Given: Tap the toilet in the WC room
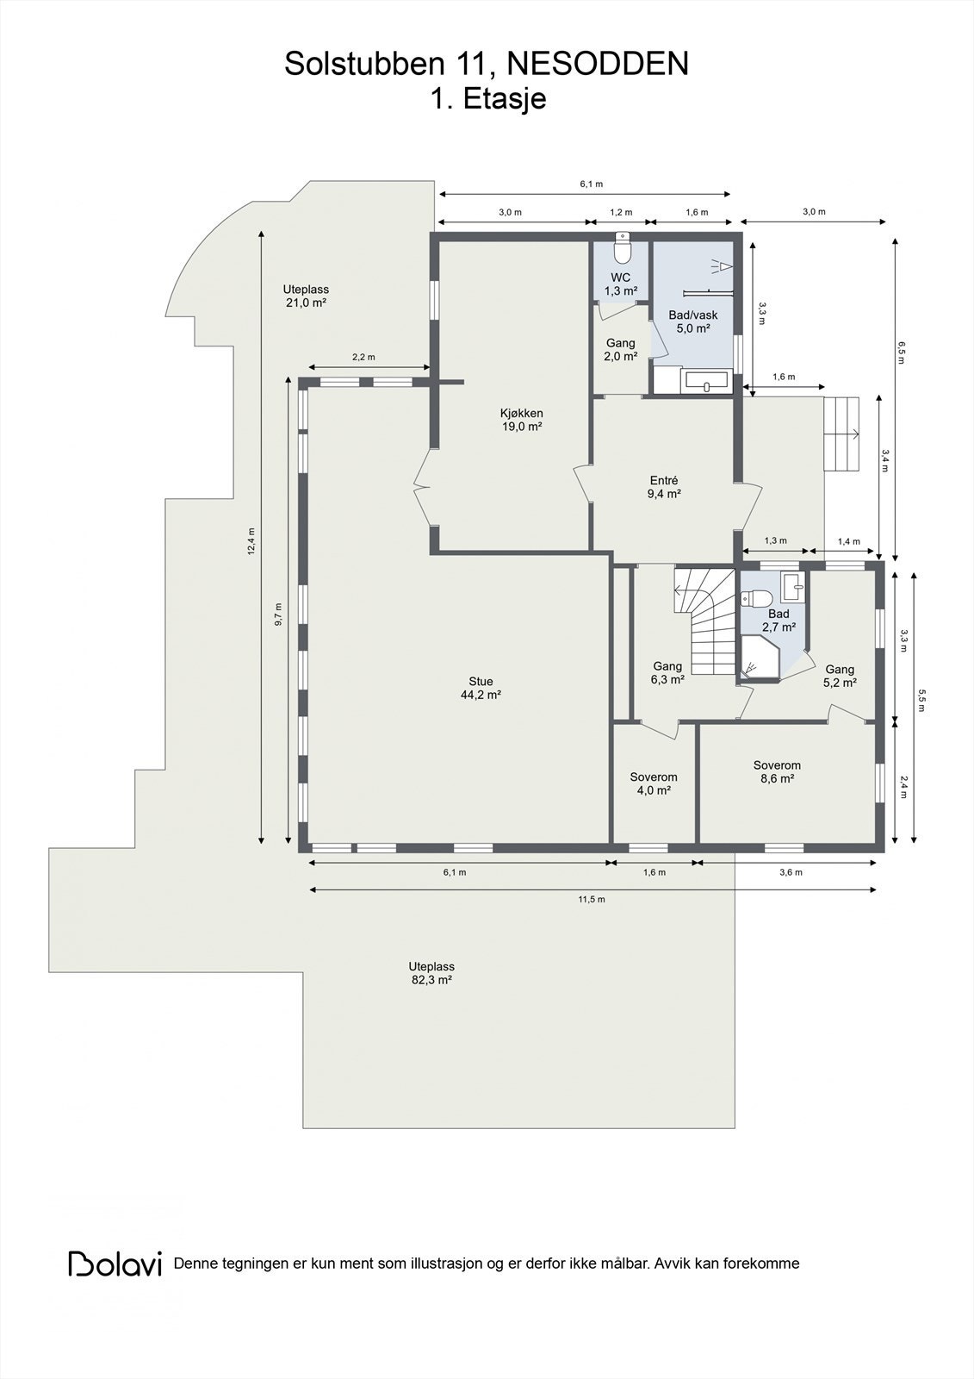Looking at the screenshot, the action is click(x=623, y=248).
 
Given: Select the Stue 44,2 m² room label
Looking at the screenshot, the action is click(x=481, y=689).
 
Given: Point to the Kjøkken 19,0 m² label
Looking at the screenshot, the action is click(x=522, y=420).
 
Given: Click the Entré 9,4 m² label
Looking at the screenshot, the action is click(x=664, y=487).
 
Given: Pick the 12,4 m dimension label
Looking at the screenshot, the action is click(x=251, y=542).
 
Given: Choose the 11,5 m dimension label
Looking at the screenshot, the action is click(x=592, y=900).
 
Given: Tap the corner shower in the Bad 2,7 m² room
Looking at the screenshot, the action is click(x=760, y=658).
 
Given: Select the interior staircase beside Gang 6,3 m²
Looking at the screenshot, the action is click(x=705, y=621).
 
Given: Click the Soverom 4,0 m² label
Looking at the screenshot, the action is click(x=654, y=783).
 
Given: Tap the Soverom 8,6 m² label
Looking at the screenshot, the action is click(x=777, y=771).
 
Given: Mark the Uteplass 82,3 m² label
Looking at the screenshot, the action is click(x=431, y=973).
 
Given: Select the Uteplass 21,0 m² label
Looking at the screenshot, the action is click(x=306, y=296).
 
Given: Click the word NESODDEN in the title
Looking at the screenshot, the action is click(x=597, y=64).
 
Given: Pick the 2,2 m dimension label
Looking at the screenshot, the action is click(x=363, y=357).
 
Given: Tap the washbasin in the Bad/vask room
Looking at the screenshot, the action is click(x=706, y=381).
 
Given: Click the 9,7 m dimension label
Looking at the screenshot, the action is click(x=278, y=614).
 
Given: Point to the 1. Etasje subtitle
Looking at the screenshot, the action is click(x=488, y=99).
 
